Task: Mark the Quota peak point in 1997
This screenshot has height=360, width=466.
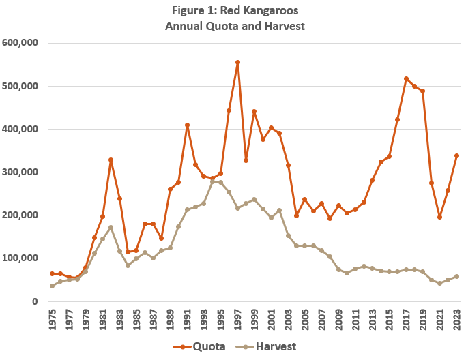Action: [237, 62]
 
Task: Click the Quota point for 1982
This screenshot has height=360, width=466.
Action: [111, 160]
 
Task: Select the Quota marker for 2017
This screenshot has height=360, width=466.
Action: [406, 78]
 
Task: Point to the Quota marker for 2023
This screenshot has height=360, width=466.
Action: [456, 155]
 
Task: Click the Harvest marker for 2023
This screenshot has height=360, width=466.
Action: [456, 276]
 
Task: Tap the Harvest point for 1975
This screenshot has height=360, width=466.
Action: [52, 286]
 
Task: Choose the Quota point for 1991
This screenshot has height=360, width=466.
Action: [187, 125]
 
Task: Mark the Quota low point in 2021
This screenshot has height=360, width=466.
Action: [440, 217]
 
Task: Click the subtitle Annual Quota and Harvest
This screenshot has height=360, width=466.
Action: [233, 26]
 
